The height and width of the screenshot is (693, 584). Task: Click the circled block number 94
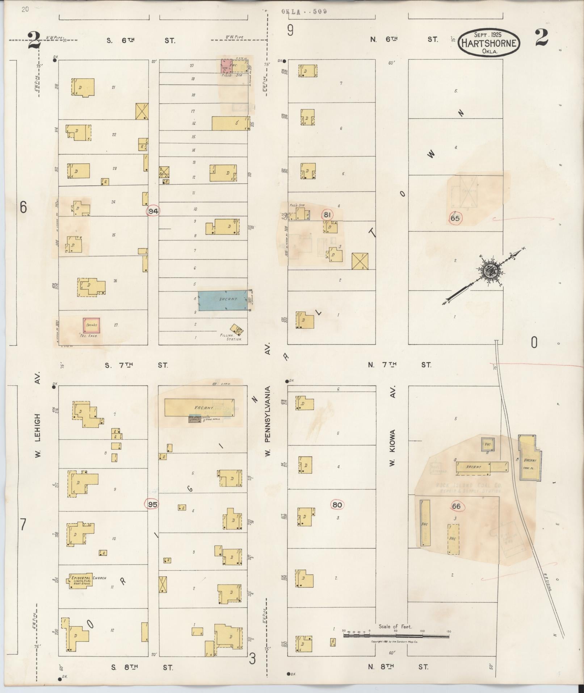tap(154, 211)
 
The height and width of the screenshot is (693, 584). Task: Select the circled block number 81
tap(327, 215)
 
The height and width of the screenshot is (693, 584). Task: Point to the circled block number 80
tap(337, 505)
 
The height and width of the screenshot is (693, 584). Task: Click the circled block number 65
tap(455, 218)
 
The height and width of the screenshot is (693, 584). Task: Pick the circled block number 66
tap(456, 506)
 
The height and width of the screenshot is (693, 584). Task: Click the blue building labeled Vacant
tap(225, 300)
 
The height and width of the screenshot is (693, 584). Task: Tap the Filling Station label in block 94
tap(231, 337)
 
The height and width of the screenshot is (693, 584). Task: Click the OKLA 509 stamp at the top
tap(304, 11)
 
